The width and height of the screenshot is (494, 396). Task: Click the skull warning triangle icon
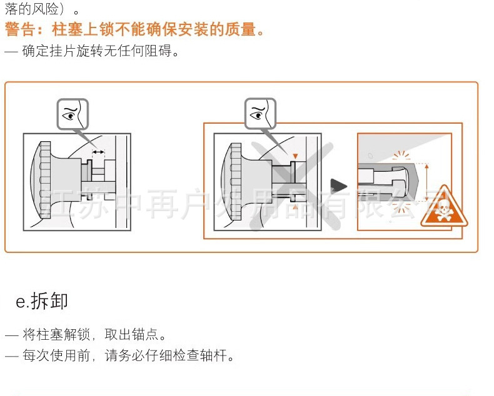(x=443, y=207)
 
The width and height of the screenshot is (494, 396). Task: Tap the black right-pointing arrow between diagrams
(x=338, y=185)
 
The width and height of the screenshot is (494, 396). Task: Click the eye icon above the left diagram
(x=73, y=114)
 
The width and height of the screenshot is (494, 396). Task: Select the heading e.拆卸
(x=41, y=301)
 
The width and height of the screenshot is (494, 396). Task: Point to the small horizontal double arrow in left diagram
(x=98, y=152)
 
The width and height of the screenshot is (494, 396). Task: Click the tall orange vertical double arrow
(x=427, y=182)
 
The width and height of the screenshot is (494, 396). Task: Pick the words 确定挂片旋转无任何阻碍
(x=101, y=51)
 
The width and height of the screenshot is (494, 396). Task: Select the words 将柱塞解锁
(x=58, y=335)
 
